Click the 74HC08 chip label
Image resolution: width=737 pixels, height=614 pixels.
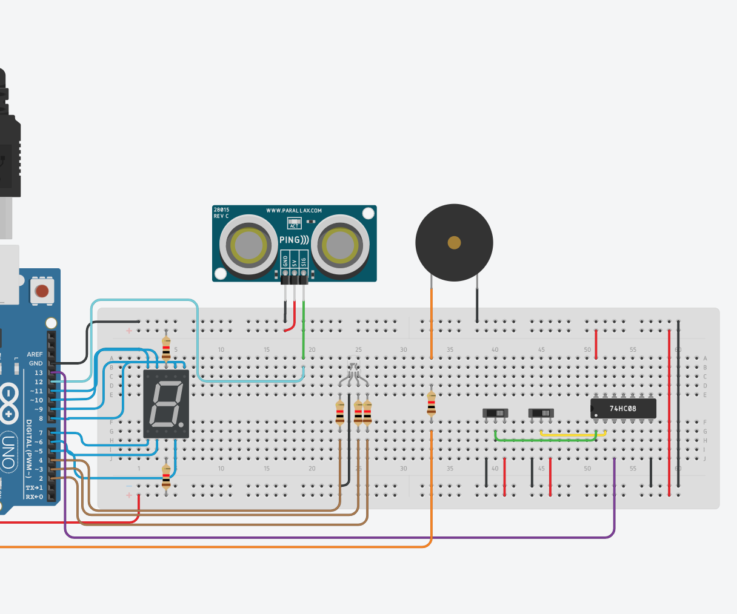click(x=622, y=409)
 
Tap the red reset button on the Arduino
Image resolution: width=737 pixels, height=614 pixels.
click(x=42, y=291)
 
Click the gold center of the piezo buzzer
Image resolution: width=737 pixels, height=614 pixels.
click(x=454, y=243)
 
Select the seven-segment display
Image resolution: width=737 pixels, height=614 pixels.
click(x=166, y=404)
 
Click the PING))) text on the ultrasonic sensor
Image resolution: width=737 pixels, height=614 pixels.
click(x=294, y=240)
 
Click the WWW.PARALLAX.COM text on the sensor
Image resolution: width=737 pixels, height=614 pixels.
click(x=294, y=211)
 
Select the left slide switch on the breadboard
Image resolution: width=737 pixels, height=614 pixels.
click(x=495, y=414)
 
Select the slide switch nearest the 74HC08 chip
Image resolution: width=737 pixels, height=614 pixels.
click(x=541, y=414)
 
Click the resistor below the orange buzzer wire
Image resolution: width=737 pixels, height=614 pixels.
click(x=431, y=403)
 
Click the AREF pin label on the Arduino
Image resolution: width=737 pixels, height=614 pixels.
click(x=35, y=354)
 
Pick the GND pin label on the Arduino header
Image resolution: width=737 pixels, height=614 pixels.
click(x=36, y=363)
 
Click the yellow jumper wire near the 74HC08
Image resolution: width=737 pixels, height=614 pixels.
click(x=570, y=435)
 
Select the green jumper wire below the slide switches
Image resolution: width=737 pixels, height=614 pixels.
click(x=545, y=440)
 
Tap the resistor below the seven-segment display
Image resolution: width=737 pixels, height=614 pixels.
click(x=166, y=476)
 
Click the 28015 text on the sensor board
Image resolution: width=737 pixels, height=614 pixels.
click(x=221, y=210)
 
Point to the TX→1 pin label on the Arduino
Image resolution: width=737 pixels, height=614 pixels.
click(x=34, y=487)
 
